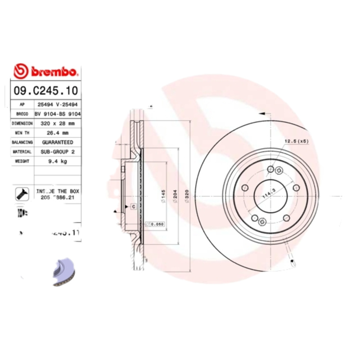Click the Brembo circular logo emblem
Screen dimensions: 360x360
click(x=20, y=71)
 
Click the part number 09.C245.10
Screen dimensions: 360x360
click(x=45, y=90)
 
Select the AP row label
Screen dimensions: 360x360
click(x=22, y=104)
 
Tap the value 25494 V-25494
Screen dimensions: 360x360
click(x=57, y=104)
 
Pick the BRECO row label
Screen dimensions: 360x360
click(x=22, y=114)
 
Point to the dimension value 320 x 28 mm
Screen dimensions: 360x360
click(x=57, y=123)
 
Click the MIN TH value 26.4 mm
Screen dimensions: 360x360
click(x=57, y=133)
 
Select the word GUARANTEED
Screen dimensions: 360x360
click(x=57, y=142)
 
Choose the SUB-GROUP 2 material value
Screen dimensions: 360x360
click(x=57, y=152)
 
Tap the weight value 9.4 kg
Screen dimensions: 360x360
click(x=57, y=162)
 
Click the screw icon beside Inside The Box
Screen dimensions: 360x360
click(x=21, y=193)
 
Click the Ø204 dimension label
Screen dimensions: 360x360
click(x=175, y=197)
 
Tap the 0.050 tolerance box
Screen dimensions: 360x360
click(x=156, y=224)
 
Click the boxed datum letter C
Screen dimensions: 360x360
click(x=133, y=207)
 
